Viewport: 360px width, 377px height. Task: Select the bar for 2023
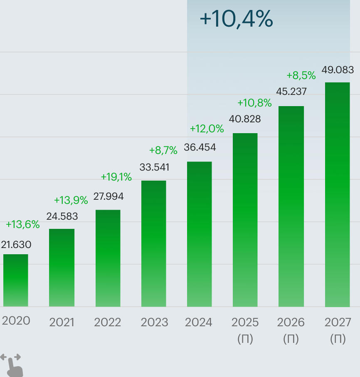click(153, 243)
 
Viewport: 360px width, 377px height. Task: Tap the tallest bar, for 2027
click(337, 194)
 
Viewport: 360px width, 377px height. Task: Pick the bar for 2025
click(245, 220)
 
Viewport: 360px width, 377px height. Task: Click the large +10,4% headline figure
click(236, 20)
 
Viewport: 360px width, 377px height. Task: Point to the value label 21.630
click(16, 245)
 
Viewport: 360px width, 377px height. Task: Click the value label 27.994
click(108, 196)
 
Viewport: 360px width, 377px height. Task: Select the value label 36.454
click(200, 148)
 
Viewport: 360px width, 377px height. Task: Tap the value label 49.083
click(338, 69)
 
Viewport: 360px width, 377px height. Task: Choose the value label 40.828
click(245, 119)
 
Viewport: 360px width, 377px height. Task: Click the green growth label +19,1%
click(116, 177)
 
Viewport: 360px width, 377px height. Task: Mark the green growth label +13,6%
click(23, 225)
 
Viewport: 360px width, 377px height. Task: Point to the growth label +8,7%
click(163, 150)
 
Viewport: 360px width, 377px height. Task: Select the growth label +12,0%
click(207, 129)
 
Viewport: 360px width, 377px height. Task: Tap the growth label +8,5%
click(301, 76)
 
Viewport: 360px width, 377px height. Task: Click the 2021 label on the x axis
click(62, 322)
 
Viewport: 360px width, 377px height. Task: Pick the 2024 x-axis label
click(199, 322)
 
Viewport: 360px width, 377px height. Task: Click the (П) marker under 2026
click(291, 339)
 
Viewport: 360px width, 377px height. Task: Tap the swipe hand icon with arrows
click(12, 365)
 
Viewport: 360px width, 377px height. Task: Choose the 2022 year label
click(107, 322)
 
